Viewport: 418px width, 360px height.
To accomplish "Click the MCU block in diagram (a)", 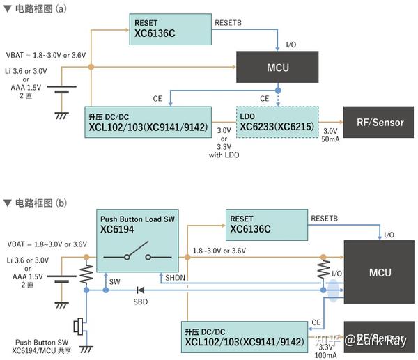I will coord(277,68).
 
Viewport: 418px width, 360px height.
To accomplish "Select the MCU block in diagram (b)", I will coord(379,272).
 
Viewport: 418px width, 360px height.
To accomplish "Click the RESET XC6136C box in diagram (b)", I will coord(266,224).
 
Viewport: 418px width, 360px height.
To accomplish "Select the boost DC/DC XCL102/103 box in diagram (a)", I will coord(149,123).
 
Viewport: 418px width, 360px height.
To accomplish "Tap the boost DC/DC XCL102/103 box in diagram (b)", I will coord(244,338).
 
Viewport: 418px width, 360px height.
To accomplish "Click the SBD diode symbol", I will coord(139,290).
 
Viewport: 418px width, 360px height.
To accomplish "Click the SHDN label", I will coord(175,278).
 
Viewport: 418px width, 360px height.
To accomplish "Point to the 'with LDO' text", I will coord(224,155).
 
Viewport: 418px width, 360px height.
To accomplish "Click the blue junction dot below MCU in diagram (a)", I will coord(277,91).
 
